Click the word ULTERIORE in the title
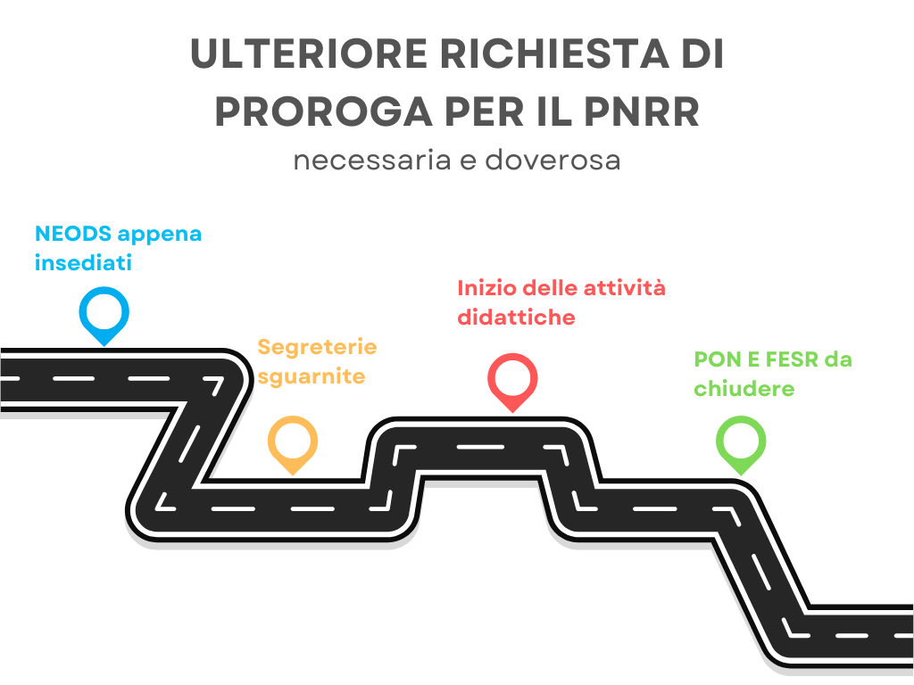tap(309, 54)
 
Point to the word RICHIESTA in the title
tap(554, 54)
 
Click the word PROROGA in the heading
tap(323, 111)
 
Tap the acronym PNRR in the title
tap(641, 111)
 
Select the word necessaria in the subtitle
tap(372, 161)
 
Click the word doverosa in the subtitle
tap(553, 160)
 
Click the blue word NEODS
tap(73, 235)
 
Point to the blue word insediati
tap(83, 263)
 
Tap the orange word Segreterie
tap(317, 348)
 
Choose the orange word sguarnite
tap(312, 377)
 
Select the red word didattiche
tap(516, 318)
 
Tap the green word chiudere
tap(744, 389)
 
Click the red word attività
tap(624, 288)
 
